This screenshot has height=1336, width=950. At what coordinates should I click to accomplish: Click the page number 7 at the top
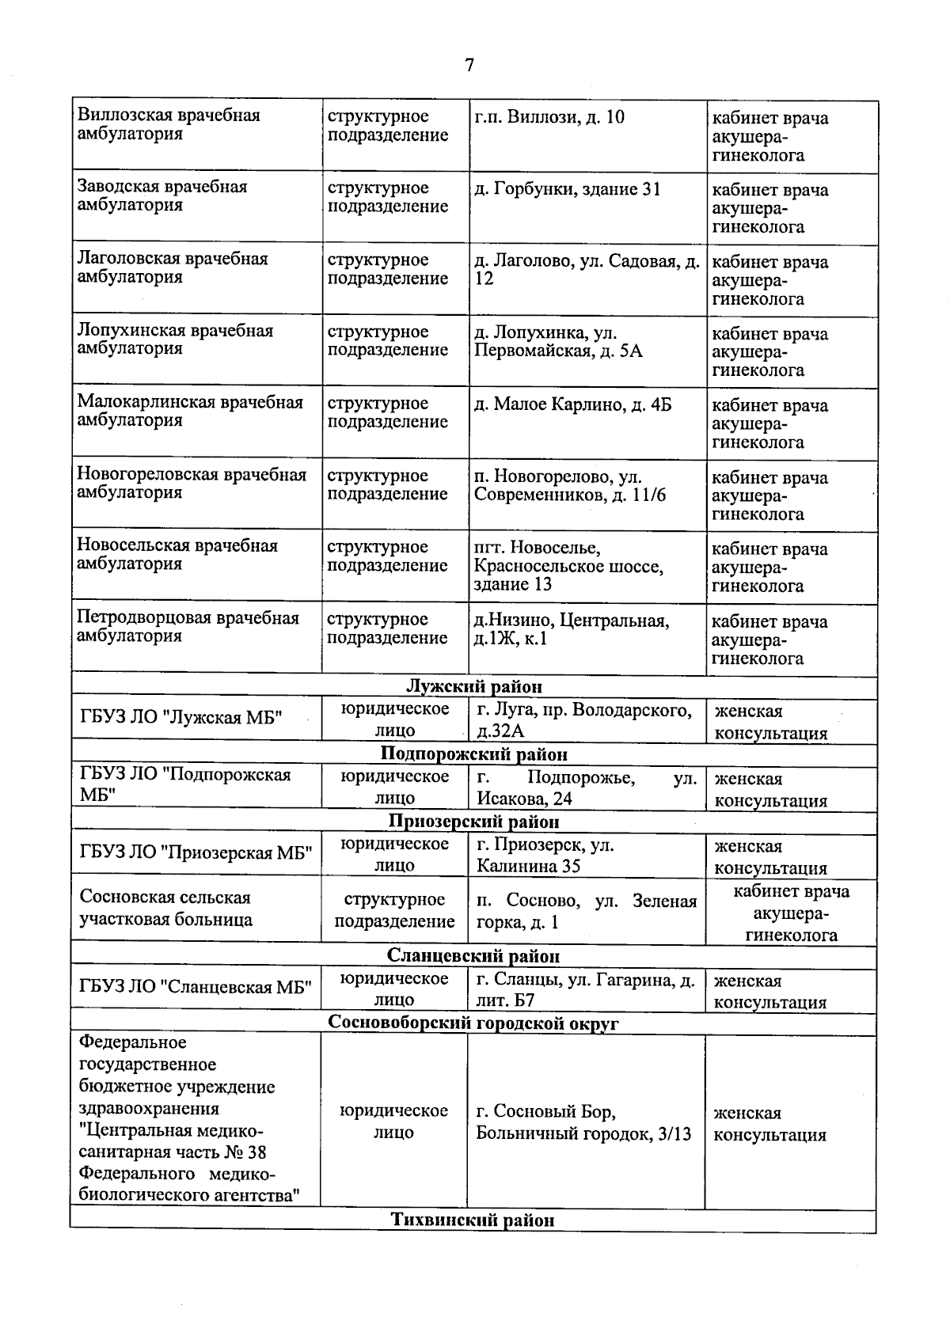point(469,65)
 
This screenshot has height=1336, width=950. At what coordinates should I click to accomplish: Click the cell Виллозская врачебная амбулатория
point(169,124)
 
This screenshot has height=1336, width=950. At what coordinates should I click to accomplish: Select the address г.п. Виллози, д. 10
point(549,117)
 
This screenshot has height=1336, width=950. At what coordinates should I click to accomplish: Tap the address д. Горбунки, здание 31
point(567,189)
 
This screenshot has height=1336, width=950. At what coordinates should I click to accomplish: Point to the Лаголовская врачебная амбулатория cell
point(173,268)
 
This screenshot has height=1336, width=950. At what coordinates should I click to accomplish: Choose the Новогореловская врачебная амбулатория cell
point(191,484)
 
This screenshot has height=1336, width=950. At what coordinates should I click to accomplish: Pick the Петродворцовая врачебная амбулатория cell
point(188,627)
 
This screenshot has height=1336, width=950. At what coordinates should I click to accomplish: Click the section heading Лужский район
point(473,686)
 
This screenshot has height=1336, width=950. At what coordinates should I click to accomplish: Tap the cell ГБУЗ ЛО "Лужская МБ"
point(181,719)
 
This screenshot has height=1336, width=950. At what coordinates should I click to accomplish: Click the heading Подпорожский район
point(473,753)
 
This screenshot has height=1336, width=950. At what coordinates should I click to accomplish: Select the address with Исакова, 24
point(586,788)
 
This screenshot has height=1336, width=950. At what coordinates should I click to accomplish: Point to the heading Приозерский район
point(473,822)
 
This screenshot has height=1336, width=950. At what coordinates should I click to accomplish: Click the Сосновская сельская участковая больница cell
point(165,908)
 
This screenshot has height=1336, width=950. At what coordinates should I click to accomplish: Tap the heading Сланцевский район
point(473,956)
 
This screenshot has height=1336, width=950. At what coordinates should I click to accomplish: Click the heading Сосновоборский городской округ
point(473,1023)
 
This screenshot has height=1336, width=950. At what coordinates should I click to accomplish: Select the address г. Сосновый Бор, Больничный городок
point(583,1122)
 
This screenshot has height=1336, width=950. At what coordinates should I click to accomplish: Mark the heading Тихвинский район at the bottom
point(473,1220)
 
